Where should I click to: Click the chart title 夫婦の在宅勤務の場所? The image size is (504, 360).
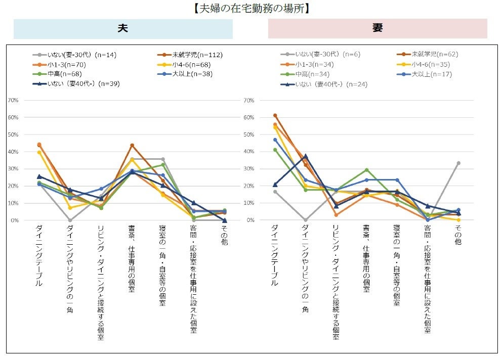point(251,8)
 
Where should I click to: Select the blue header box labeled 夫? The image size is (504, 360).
point(123,29)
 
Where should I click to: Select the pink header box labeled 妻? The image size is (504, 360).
point(377,29)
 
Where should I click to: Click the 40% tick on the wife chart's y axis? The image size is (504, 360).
point(248,152)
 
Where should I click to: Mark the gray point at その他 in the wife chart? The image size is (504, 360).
point(458,163)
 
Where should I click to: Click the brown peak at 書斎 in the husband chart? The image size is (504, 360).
point(132,146)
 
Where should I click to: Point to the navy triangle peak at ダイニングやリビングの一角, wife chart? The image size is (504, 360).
point(305,156)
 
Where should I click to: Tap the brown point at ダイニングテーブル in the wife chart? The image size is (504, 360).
point(275,115)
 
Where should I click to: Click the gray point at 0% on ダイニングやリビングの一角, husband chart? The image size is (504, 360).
point(70,220)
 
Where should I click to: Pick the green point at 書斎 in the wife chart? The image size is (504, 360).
point(366,170)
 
